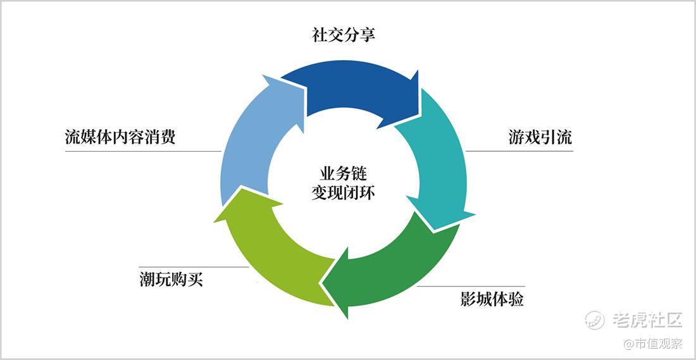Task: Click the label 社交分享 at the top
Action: [x=344, y=35]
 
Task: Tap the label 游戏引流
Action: [x=540, y=137]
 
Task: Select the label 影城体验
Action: [x=492, y=299]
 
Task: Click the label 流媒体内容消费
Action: [x=120, y=137]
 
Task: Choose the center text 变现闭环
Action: [x=343, y=192]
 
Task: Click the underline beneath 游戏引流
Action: [x=519, y=151]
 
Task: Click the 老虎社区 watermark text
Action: [x=647, y=320]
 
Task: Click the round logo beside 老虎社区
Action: [x=595, y=320]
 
